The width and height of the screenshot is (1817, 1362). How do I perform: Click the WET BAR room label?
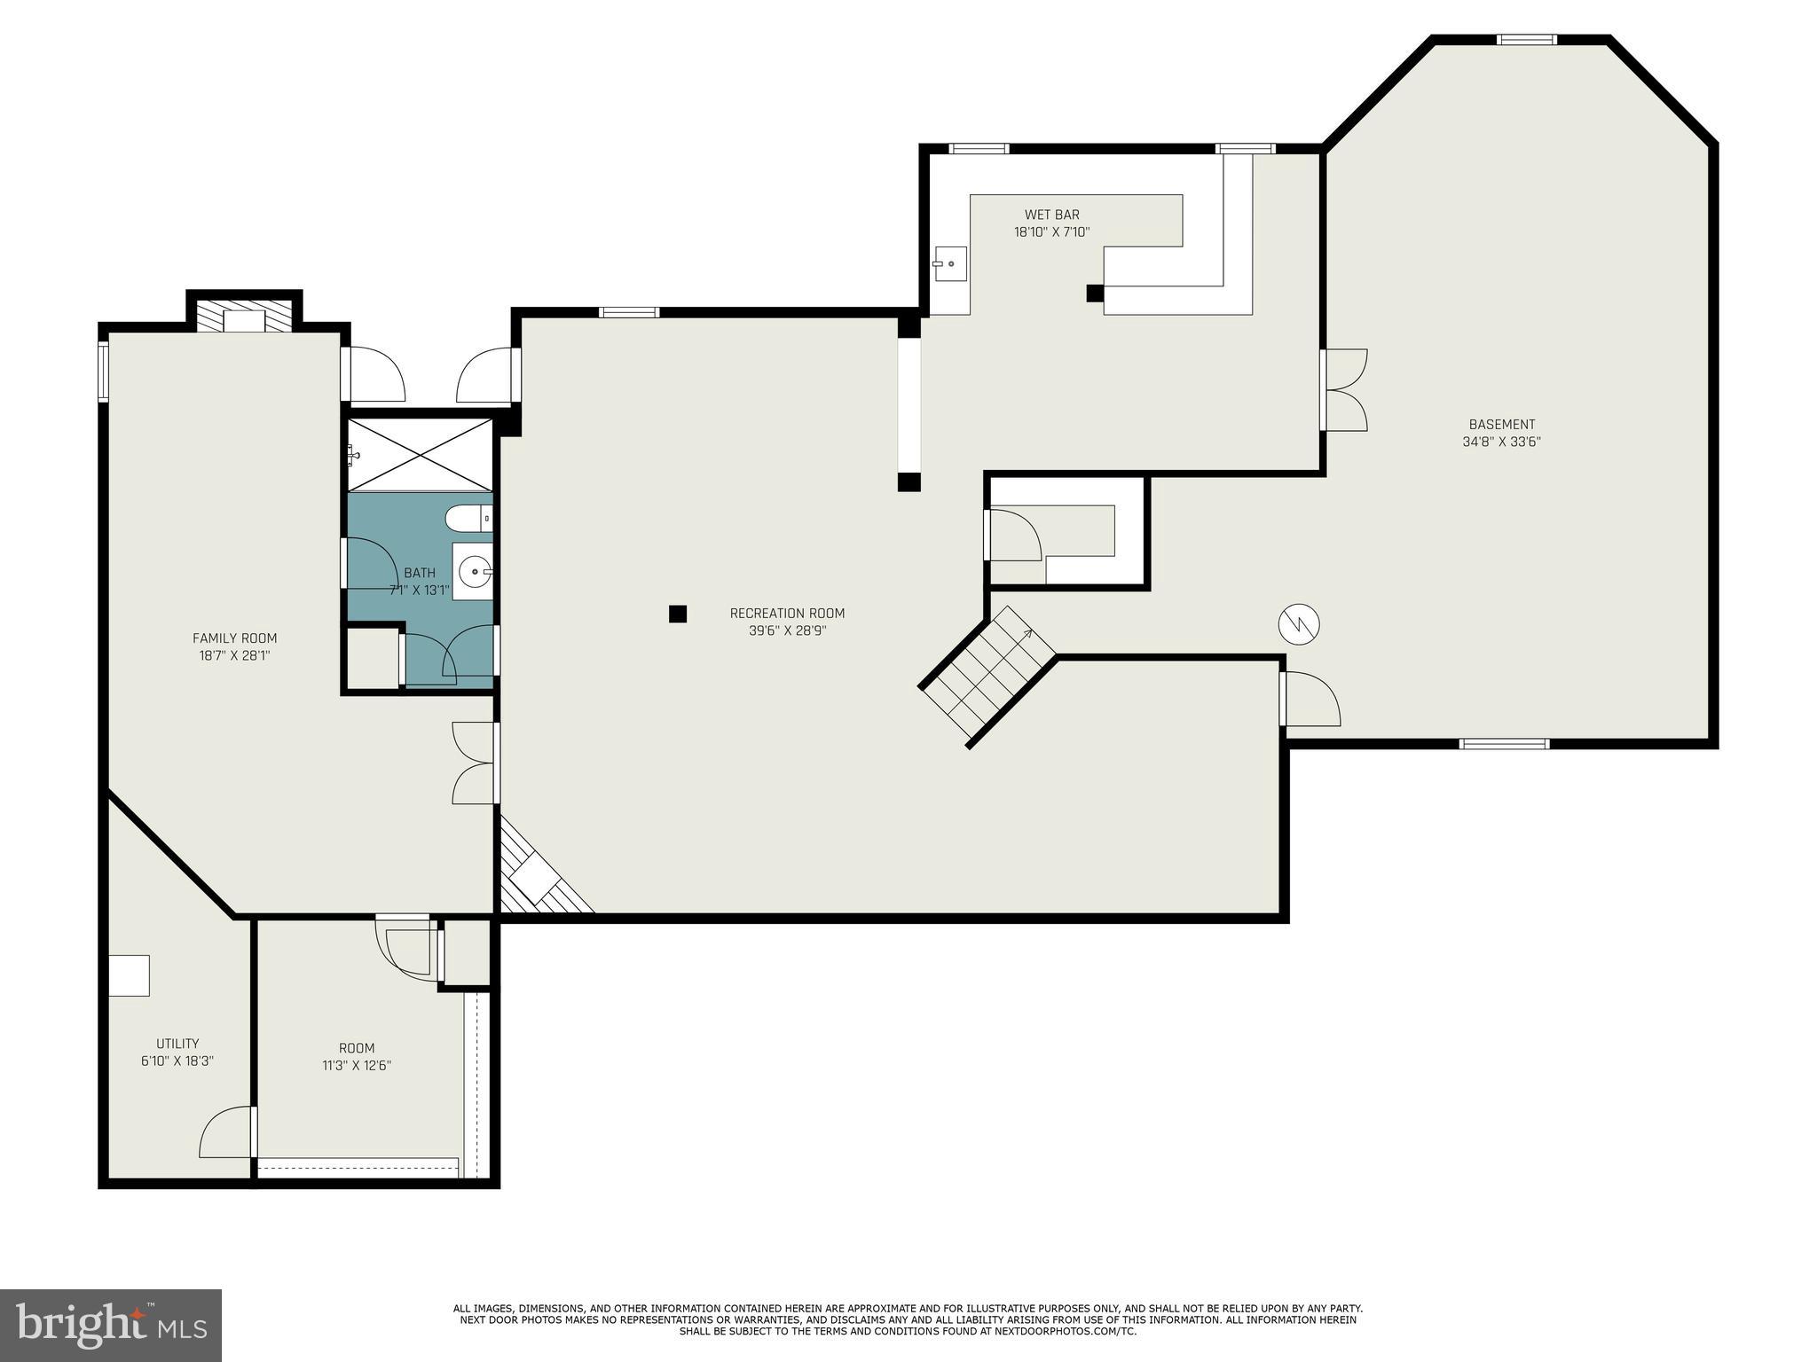point(1051,215)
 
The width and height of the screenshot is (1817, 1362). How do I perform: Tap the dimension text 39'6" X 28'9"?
point(787,631)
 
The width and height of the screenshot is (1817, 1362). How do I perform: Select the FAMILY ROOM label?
point(234,638)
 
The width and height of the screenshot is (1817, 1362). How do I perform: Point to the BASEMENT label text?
point(1501,425)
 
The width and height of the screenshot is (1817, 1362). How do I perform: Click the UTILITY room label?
point(177,1044)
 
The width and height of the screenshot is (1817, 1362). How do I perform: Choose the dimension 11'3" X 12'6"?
point(357,1066)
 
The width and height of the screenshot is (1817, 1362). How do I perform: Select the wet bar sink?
point(950,263)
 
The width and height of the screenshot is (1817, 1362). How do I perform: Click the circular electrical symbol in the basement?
point(1299,624)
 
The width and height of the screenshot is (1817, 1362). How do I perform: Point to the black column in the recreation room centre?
point(678,614)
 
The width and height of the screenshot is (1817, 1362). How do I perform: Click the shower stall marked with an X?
point(419,454)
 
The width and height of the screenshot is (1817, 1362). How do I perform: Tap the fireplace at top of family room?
point(244,317)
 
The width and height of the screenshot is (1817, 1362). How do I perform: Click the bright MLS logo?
point(111,1325)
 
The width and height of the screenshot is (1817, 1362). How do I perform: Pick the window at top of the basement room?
point(1526,39)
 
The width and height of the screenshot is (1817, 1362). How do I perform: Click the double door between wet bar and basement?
point(1341,390)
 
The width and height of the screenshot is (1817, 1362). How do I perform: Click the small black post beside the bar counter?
point(1095,294)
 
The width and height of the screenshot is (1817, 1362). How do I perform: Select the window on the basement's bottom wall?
point(1504,743)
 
